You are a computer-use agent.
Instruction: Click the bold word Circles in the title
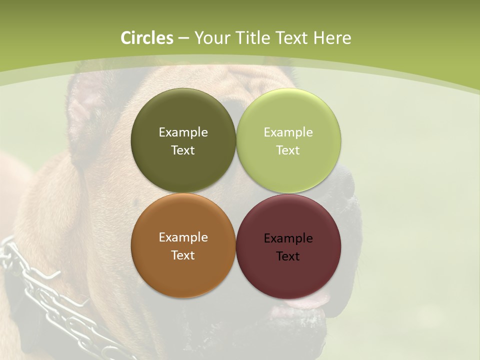click(x=147, y=38)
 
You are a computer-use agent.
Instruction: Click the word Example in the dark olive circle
click(x=183, y=132)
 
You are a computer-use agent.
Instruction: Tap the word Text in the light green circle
click(x=288, y=150)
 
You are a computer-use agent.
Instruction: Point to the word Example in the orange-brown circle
click(x=183, y=237)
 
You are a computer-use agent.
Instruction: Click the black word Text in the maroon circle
click(x=288, y=256)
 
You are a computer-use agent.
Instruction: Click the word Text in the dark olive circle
click(x=183, y=150)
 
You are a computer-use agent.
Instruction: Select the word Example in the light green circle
click(x=288, y=132)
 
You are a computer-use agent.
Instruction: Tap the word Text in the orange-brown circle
click(x=183, y=255)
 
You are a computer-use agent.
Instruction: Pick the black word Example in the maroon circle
click(x=288, y=238)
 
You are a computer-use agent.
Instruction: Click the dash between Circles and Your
click(x=183, y=38)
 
